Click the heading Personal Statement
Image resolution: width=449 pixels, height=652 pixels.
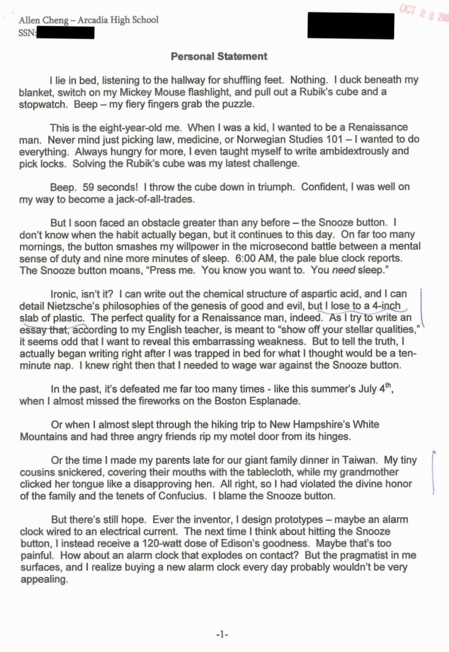219,57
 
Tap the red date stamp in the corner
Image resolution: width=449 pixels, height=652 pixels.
424,13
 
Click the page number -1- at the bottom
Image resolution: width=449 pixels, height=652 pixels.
222,634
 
